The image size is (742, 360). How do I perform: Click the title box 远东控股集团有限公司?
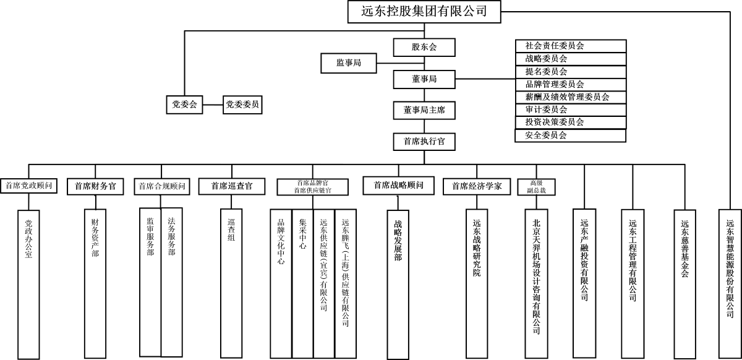coord(424,11)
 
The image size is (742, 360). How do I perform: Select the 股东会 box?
coord(424,47)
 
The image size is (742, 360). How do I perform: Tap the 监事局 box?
coord(348,62)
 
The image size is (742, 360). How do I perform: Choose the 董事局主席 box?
coord(424,110)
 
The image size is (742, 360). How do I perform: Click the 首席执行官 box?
coord(424,142)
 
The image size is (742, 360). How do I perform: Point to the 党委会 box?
coord(184,105)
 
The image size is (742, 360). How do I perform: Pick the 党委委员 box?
coord(242,105)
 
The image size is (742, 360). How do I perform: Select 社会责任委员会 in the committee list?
coord(570,46)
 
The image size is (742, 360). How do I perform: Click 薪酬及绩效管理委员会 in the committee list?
coord(570,97)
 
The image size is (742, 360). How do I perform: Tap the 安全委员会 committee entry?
coord(570,135)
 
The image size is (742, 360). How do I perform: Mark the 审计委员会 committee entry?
coord(570,109)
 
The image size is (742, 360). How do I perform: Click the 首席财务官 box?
coord(95,186)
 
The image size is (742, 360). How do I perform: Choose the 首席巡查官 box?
coord(231,186)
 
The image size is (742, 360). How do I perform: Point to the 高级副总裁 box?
coord(536,186)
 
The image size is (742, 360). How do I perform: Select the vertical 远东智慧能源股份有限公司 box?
coord(730,263)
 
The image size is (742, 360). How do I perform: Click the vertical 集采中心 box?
coord(302,281)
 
